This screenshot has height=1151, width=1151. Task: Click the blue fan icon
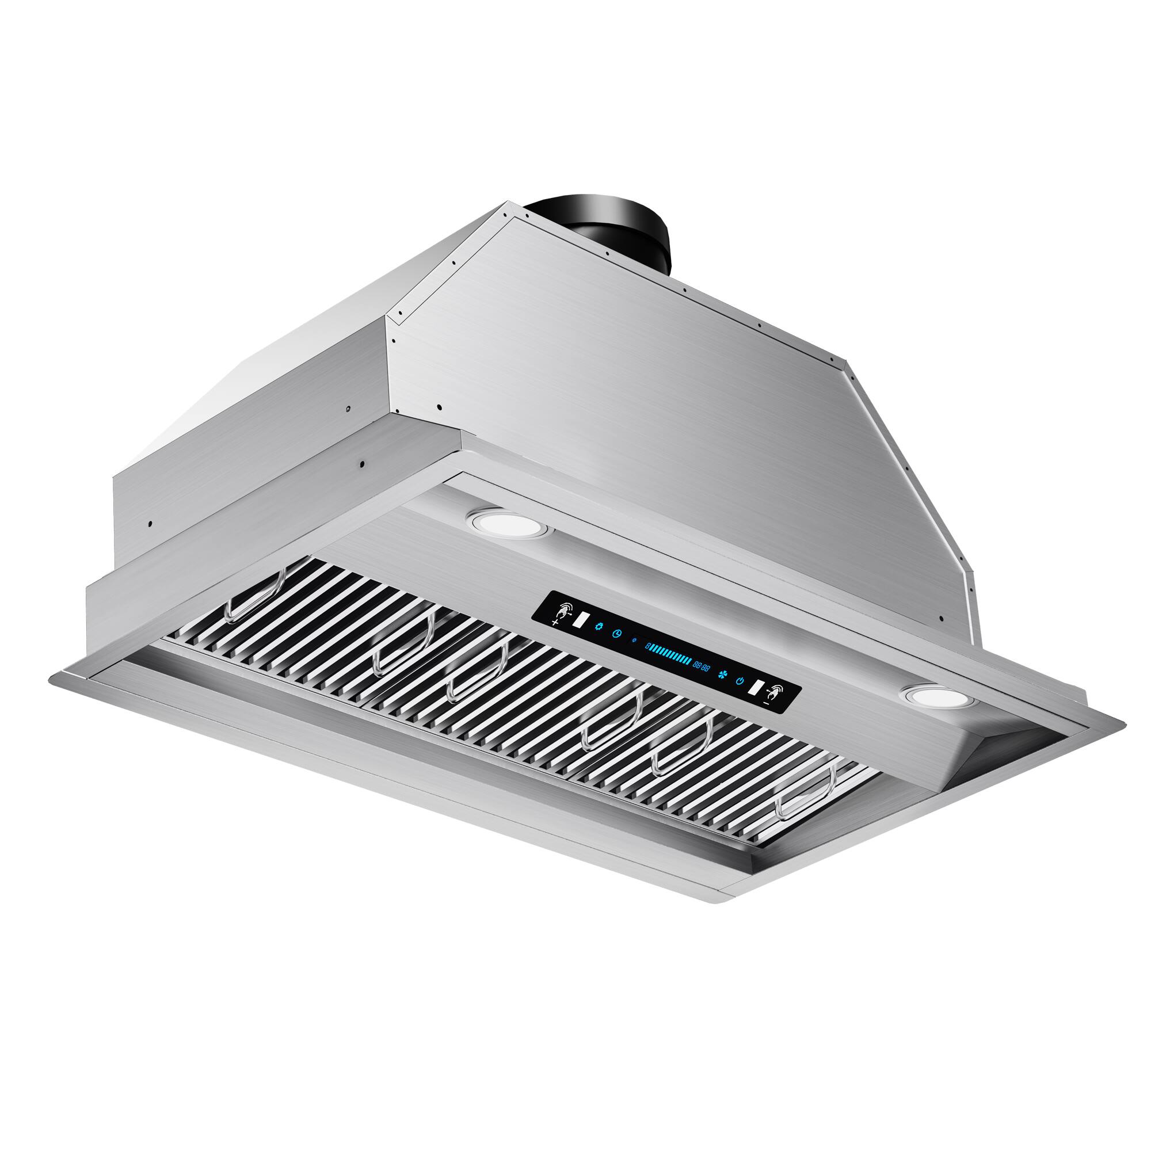pos(723,676)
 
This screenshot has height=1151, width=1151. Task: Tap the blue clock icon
pos(618,633)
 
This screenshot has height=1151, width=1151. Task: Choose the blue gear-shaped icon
pos(598,626)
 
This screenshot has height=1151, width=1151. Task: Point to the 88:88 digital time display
pos(700,666)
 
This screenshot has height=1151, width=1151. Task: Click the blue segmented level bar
pos(670,655)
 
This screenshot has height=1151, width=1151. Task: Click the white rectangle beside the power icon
pos(756,688)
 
